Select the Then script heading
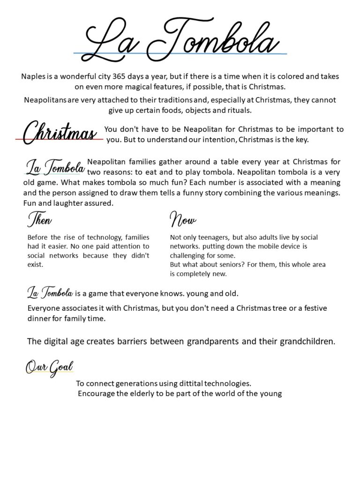[40, 219]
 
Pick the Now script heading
[182, 219]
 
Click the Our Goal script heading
[49, 367]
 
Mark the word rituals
[238, 111]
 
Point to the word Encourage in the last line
[97, 394]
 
